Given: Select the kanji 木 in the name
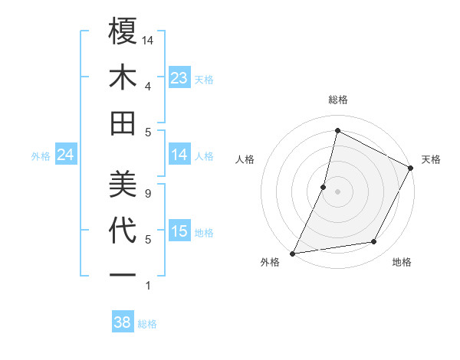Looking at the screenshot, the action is (x=123, y=77).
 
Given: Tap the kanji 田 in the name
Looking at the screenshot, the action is (x=123, y=123).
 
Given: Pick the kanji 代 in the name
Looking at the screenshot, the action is (x=123, y=231).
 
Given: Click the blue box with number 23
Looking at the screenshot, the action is (x=179, y=78).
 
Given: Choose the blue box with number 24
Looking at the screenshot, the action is (x=66, y=155).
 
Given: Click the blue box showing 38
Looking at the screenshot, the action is (x=123, y=322).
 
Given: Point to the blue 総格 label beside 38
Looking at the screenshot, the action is (x=147, y=324).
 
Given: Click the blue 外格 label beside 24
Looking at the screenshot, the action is (x=41, y=156).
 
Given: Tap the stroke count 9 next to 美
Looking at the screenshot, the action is (x=148, y=193).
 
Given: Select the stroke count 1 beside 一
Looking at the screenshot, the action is (x=148, y=286).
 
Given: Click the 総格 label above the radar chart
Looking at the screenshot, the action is (x=337, y=100).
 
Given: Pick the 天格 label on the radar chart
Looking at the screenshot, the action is (x=431, y=159).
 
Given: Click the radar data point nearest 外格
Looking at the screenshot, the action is (x=292, y=253).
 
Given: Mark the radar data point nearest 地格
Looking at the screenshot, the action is (x=374, y=242).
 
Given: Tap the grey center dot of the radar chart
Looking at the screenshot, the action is (x=337, y=191).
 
